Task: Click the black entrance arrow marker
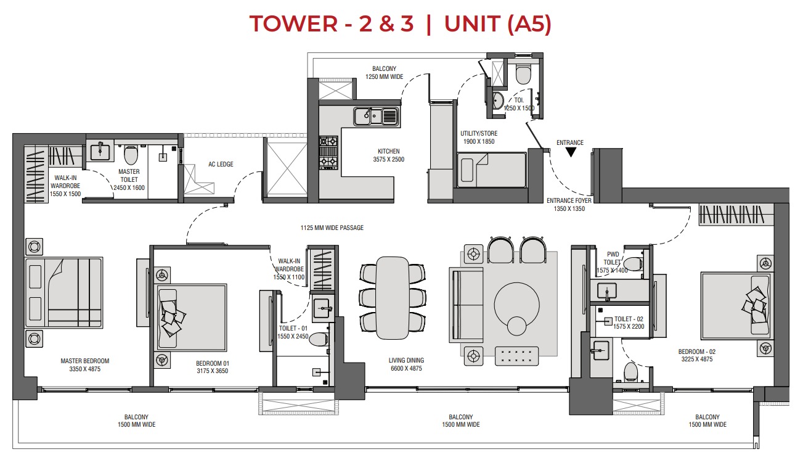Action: [571, 152]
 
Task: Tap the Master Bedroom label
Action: [85, 365]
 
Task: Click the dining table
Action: [393, 297]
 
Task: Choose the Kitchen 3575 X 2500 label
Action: [389, 155]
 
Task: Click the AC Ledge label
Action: [220, 165]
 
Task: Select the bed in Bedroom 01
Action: [192, 317]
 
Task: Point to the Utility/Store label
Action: [478, 138]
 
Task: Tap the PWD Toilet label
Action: [613, 258]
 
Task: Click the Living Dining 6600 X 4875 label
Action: [406, 364]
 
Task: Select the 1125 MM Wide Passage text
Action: [332, 228]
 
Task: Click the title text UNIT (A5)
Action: [497, 24]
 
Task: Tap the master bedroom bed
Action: [63, 292]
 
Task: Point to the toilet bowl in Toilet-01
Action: [319, 339]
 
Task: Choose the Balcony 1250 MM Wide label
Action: [384, 73]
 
